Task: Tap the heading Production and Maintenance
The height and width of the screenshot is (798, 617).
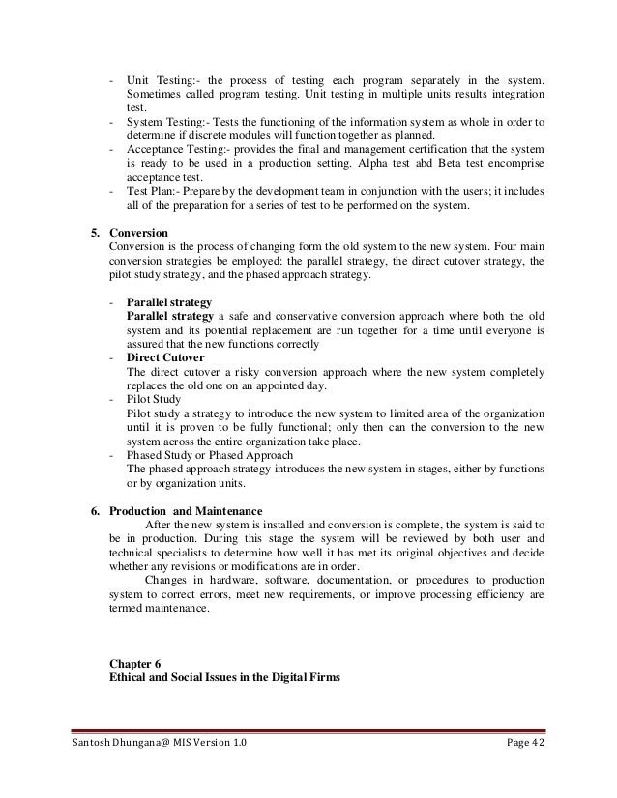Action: tap(185, 511)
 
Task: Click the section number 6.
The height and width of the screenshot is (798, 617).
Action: tap(94, 511)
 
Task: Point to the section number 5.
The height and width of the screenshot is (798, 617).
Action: tap(94, 234)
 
